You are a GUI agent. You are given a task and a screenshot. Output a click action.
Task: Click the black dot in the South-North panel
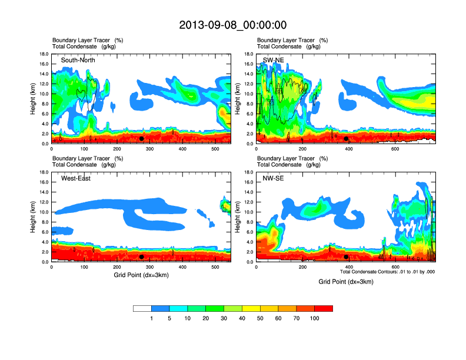pyautogui.click(x=141, y=139)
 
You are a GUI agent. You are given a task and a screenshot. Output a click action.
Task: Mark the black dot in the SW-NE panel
pyautogui.click(x=346, y=139)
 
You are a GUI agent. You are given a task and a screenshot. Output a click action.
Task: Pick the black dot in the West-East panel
pyautogui.click(x=141, y=256)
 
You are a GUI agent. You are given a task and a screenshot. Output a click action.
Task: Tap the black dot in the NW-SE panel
pyautogui.click(x=346, y=256)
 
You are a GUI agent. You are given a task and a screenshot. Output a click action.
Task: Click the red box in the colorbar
pyautogui.click(x=324, y=308)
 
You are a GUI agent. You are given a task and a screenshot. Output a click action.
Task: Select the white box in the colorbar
pyautogui.click(x=142, y=308)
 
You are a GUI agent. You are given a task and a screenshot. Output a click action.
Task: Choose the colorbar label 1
pyautogui.click(x=152, y=318)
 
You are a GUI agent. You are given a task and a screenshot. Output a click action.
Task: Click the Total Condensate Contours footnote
pyautogui.click(x=388, y=272)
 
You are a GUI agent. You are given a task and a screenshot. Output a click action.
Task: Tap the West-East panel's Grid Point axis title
pyautogui.click(x=141, y=275)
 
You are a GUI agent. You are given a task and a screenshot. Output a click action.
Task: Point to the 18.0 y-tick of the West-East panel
pyautogui.click(x=44, y=172)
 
